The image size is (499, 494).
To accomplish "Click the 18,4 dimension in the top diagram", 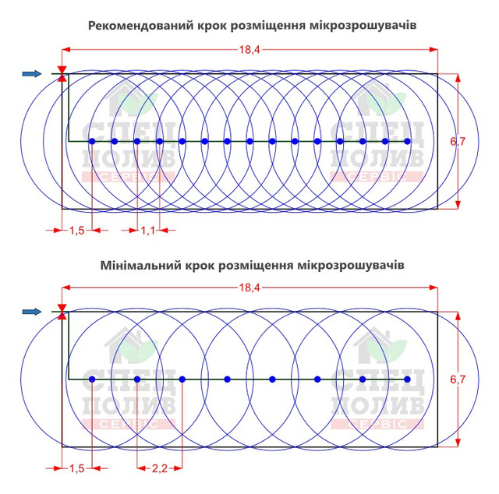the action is [x=249, y=50].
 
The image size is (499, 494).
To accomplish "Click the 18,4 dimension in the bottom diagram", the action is [x=249, y=288].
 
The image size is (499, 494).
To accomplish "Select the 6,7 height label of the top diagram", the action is [x=458, y=141].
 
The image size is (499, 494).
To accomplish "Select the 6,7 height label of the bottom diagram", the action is [x=458, y=379].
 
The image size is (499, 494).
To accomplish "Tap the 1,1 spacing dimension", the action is [x=148, y=231].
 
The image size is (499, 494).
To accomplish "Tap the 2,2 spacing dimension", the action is [x=159, y=468].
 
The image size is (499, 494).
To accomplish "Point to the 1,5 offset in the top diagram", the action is [x=77, y=231].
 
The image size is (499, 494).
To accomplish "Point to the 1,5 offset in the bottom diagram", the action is [x=77, y=468].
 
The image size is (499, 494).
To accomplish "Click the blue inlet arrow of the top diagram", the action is [x=32, y=74].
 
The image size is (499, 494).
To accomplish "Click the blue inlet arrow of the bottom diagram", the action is [x=32, y=312].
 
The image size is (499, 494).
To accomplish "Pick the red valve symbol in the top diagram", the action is [x=62, y=74].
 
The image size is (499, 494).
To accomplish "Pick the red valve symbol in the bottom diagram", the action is [x=62, y=312].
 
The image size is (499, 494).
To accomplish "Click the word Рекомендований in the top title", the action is [x=141, y=26].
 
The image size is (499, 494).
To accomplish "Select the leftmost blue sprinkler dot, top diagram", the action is [x=92, y=141].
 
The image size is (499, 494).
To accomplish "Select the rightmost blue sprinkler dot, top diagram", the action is [x=407, y=141].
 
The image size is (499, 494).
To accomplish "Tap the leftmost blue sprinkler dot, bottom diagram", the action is [x=92, y=379].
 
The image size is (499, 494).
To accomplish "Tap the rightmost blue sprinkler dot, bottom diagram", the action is [x=407, y=379].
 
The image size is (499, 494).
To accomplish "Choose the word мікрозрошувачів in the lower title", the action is [x=351, y=265].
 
